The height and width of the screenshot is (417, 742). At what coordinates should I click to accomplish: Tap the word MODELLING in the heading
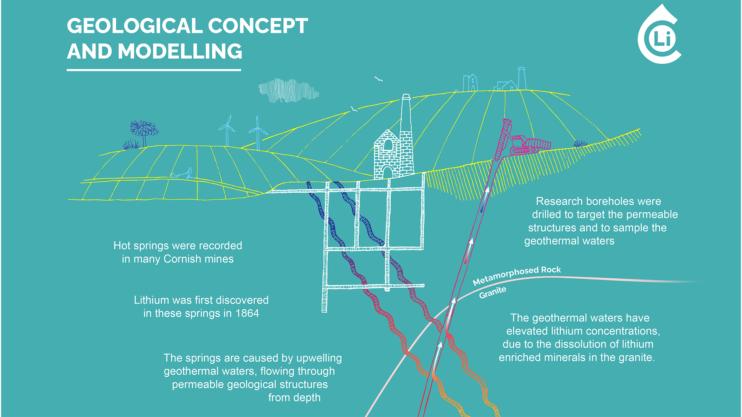point(180,51)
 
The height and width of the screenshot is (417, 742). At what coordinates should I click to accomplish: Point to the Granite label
point(493,293)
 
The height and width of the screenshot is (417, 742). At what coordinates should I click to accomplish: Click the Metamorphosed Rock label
point(517,275)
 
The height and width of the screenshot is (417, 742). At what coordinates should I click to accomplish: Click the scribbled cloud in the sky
point(288,91)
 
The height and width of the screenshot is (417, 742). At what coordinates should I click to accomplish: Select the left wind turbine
point(227,131)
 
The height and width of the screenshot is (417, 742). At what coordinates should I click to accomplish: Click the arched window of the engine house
point(388,145)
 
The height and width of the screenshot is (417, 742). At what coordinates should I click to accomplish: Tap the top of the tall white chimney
point(406,96)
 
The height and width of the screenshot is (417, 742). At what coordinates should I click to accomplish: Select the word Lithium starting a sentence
point(151,300)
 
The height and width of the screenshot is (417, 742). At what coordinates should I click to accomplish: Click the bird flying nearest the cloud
point(378,79)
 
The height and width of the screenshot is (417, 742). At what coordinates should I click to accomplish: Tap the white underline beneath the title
point(154,70)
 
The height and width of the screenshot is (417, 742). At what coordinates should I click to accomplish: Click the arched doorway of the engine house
point(387,173)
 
